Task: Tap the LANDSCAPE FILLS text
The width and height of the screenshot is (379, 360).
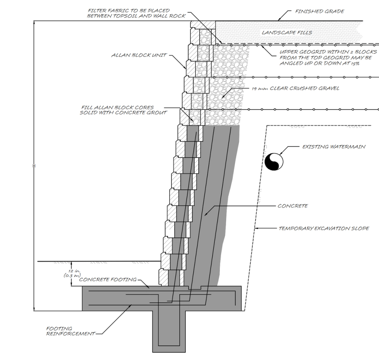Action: pos(284,32)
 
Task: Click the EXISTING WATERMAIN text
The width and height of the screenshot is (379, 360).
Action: pos(334,147)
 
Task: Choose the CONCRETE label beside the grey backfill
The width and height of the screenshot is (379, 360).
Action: pos(293,206)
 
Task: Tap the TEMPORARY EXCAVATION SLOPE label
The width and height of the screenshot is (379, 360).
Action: pos(324,228)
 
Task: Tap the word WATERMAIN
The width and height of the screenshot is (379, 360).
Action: pos(348,147)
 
